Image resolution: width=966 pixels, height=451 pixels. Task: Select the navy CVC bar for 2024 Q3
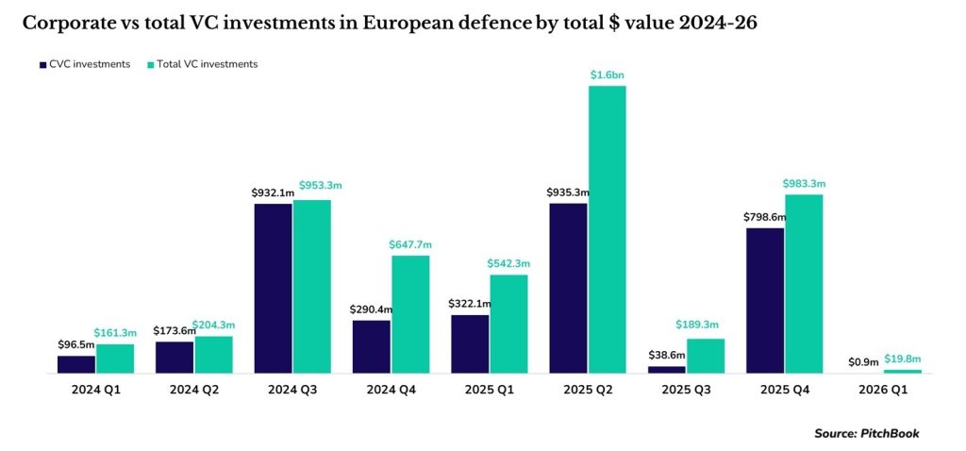click(x=273, y=288)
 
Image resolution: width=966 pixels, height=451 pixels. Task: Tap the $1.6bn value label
click(x=607, y=75)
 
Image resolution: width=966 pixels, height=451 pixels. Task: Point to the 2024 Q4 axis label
click(x=391, y=389)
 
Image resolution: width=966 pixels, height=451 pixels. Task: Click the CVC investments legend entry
click(x=85, y=64)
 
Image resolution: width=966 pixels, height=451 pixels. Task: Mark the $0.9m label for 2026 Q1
click(x=863, y=361)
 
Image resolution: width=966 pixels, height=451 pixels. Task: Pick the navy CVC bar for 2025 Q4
click(x=765, y=300)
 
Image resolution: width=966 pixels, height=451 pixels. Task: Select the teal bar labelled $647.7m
click(x=410, y=314)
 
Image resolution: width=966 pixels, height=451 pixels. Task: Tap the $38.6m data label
click(x=666, y=356)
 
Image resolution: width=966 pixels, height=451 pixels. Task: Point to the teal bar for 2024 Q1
click(x=115, y=359)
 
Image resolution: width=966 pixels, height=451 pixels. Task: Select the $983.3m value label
click(x=804, y=184)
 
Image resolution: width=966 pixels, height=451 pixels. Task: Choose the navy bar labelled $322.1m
click(x=470, y=343)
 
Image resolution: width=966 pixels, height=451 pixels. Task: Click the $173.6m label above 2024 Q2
click(x=175, y=331)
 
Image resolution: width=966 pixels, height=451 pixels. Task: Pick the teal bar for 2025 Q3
click(x=706, y=356)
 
